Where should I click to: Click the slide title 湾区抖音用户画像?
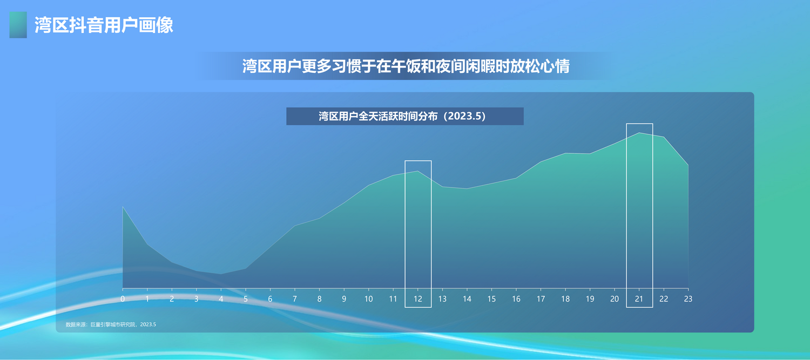pos(104,25)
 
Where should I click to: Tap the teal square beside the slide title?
pos(18,25)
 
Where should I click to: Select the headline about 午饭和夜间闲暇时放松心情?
pos(406,66)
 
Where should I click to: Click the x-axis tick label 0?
pos(123,299)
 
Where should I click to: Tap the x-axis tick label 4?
pos(221,299)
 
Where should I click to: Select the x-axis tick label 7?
pos(295,299)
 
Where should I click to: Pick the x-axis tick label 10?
pos(368,299)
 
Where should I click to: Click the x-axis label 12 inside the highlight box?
pos(417,299)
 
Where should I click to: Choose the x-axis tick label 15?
pos(491,299)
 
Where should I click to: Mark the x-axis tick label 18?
pos(565,299)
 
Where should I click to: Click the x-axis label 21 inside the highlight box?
pos(639,299)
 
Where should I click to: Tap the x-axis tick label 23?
pos(688,299)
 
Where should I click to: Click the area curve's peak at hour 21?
pos(639,133)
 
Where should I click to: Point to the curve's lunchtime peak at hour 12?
pos(417,171)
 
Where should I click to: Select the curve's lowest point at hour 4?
pos(221,274)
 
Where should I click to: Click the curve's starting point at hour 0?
pos(123,207)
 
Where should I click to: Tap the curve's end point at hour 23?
pos(688,165)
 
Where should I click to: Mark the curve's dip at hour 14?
pos(467,189)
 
